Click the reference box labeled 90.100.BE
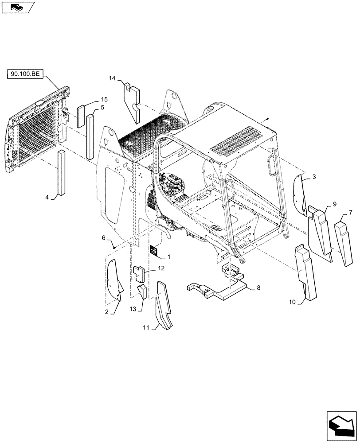point(24,74)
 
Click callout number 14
point(113,78)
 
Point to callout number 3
point(314,177)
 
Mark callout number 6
point(104,238)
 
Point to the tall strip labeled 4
point(60,173)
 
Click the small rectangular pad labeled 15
point(80,116)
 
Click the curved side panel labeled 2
point(114,279)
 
